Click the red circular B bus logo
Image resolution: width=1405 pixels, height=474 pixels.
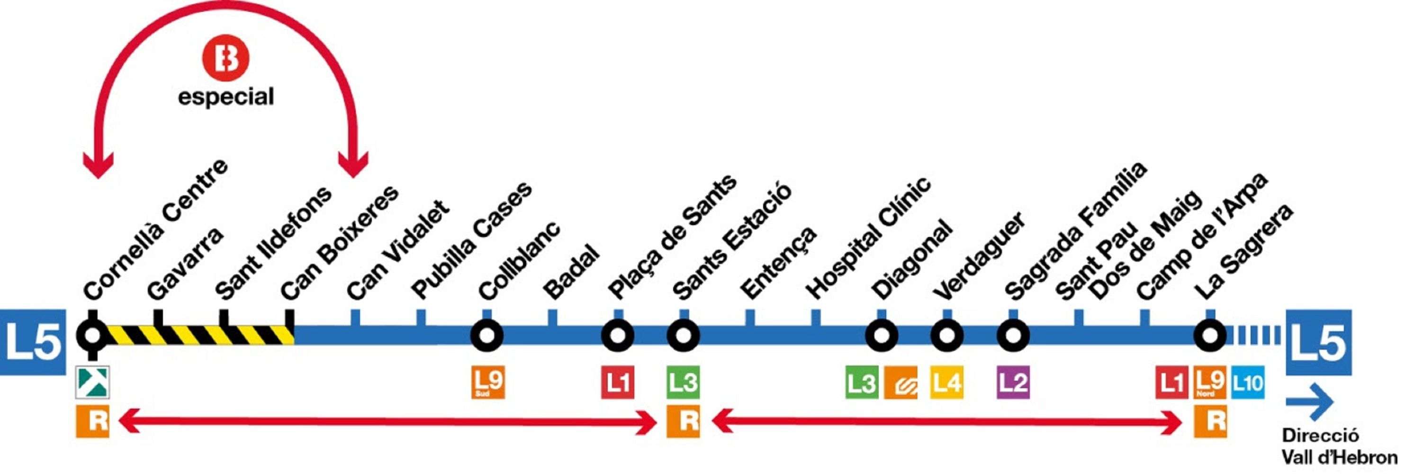click(x=225, y=58)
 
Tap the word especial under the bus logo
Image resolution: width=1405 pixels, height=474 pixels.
click(x=226, y=97)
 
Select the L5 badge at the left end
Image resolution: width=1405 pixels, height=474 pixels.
click(x=33, y=342)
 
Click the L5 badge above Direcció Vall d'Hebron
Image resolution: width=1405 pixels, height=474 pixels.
click(x=1318, y=342)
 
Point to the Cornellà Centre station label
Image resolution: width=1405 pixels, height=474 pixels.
click(x=156, y=229)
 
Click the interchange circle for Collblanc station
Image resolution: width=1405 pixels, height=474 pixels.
click(x=486, y=335)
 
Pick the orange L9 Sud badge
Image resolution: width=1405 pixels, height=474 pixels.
click(x=487, y=383)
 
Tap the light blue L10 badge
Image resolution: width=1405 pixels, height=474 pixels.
click(x=1247, y=383)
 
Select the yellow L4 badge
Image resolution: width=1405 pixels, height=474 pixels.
click(x=946, y=383)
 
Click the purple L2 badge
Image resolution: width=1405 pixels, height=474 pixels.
click(x=1013, y=383)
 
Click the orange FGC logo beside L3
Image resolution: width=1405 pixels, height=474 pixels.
click(x=901, y=383)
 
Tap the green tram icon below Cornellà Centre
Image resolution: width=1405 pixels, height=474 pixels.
click(x=92, y=382)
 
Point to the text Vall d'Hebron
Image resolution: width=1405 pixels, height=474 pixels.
click(x=1339, y=456)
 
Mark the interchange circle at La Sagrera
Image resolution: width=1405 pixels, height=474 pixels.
click(x=1210, y=335)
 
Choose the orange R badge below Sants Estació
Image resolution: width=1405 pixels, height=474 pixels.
click(x=683, y=421)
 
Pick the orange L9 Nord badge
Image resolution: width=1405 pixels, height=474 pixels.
click(x=1210, y=383)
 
